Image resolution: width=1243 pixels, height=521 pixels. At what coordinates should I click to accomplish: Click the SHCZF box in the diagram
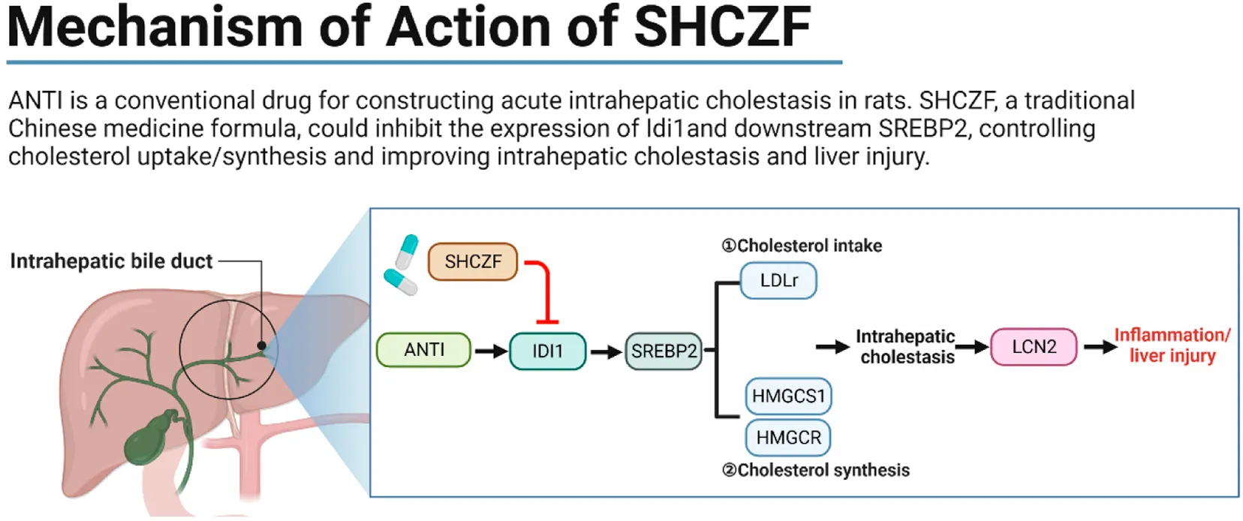[x=473, y=261]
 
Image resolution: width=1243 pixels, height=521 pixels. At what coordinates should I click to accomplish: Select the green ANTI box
[x=423, y=350]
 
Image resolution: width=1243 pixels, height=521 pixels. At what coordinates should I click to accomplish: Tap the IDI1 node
[x=547, y=351]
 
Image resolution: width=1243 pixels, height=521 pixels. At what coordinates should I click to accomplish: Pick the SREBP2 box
[x=664, y=351]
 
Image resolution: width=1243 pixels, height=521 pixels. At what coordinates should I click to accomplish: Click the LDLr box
[x=778, y=281]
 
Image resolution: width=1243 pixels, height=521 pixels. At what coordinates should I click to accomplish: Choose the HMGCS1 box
[x=788, y=396]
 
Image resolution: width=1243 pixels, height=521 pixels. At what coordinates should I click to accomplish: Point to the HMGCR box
[x=788, y=437]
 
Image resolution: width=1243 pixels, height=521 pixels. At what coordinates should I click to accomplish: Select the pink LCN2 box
[x=1034, y=347]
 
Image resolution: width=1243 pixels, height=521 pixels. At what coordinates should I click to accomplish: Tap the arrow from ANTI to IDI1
[x=491, y=351]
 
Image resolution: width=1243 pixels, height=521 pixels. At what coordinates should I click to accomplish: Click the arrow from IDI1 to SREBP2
[x=606, y=351]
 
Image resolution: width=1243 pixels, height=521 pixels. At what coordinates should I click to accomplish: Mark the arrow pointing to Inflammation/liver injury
[x=1100, y=347]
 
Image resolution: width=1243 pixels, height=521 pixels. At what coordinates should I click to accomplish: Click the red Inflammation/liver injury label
[x=1172, y=345]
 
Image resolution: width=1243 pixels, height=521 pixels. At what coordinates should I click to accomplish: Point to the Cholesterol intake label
[x=802, y=245]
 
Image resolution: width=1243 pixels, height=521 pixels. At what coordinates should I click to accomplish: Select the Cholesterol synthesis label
[x=815, y=470]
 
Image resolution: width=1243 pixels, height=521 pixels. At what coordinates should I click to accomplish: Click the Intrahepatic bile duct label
[x=111, y=261]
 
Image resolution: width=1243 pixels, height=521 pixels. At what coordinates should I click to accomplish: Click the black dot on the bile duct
[x=261, y=346]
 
